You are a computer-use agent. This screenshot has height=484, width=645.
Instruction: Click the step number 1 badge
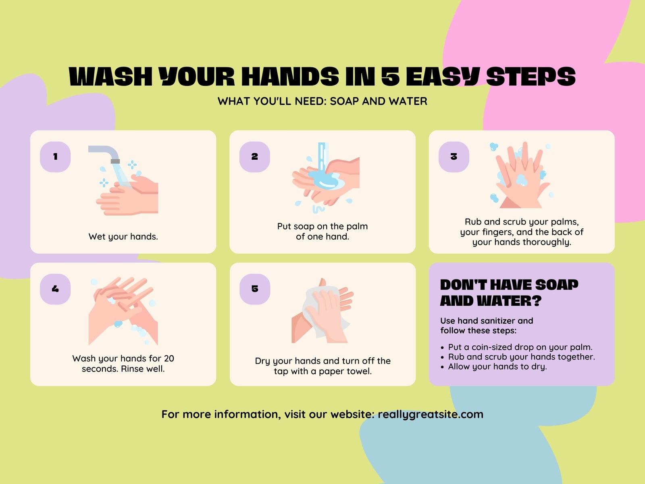pos(55,156)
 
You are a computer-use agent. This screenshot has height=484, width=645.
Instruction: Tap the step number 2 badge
pos(254,156)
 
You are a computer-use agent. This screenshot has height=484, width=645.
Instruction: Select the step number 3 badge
pos(454,156)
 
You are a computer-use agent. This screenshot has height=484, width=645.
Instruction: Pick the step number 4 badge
pos(55,289)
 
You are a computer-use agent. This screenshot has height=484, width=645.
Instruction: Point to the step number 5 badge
pos(255,289)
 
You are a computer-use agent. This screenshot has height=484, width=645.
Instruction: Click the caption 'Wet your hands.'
pos(123,237)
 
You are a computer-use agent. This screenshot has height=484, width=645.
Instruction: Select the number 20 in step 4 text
pos(169,359)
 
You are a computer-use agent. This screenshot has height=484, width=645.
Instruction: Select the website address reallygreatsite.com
pos(431,415)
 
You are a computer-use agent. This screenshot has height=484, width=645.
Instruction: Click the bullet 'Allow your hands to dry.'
pos(497,367)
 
